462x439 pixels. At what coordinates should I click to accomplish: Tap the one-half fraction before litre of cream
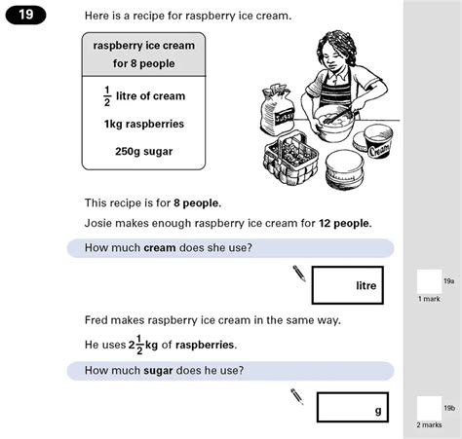(107, 95)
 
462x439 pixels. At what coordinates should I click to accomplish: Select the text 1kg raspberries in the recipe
(143, 124)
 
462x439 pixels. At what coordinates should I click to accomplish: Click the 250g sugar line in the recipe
(143, 152)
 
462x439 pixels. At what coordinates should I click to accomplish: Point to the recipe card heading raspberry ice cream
(143, 46)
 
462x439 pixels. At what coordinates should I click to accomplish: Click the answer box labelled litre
(348, 285)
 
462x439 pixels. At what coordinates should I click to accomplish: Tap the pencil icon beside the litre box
(299, 273)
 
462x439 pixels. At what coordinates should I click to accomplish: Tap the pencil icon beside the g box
(297, 396)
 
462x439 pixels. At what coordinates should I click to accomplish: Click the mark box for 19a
(428, 282)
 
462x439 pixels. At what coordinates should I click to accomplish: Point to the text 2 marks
(429, 425)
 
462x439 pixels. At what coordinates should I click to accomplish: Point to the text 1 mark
(429, 299)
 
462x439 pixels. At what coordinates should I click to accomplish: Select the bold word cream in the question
(159, 248)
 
